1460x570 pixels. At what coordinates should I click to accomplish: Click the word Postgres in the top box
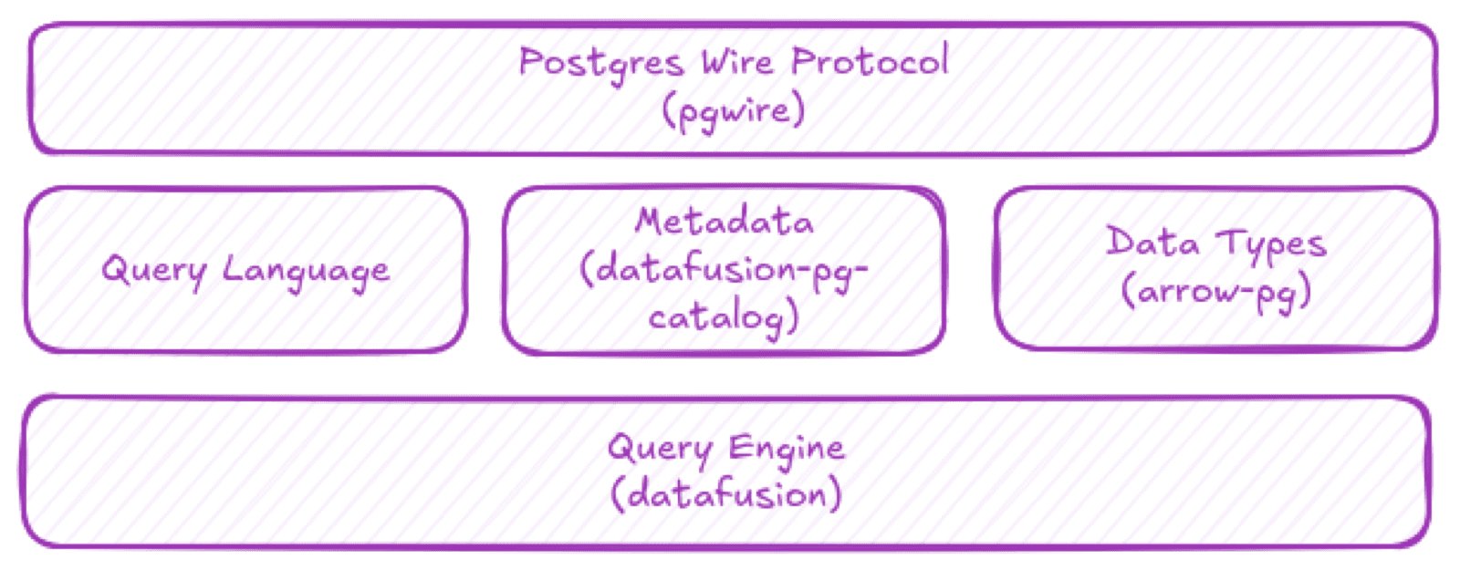point(600,64)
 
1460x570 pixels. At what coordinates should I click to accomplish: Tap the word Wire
point(737,62)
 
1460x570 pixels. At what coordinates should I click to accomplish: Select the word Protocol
point(870,62)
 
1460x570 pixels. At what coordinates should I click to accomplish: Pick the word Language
point(307,272)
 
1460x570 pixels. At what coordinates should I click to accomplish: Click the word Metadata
point(725,222)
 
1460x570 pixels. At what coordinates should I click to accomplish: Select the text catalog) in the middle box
point(724,317)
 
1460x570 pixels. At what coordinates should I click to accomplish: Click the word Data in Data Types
point(1152,244)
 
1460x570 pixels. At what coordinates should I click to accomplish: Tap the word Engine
point(786,449)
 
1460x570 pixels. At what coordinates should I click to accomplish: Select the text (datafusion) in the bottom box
point(725,495)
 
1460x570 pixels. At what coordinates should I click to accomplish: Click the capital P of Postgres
point(530,62)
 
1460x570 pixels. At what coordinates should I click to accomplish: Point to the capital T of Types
point(1231,243)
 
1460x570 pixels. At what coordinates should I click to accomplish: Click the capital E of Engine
point(739,448)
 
